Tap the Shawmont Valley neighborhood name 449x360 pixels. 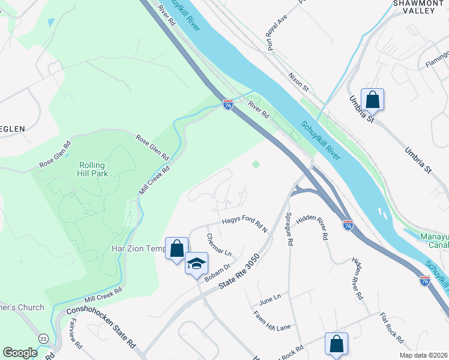418,7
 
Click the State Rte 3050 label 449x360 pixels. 240,272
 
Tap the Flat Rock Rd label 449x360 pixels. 391,328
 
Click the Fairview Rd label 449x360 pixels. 74,334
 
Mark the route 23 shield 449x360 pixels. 43,339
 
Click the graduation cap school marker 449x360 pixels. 196,263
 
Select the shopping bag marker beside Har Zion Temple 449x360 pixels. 176,248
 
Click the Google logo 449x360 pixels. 20,352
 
